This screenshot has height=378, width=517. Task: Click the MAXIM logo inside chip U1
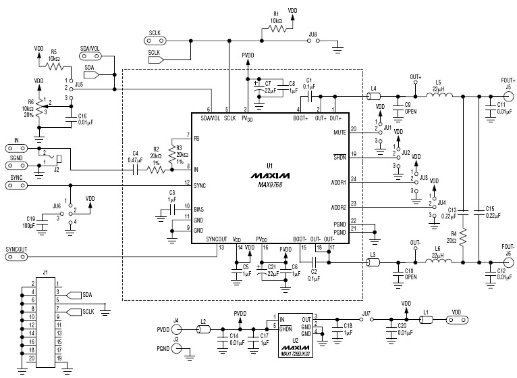coord(268,174)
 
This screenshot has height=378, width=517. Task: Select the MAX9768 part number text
coord(268,183)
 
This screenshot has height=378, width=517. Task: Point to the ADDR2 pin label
coord(337,207)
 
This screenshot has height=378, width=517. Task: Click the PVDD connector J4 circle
coord(176,329)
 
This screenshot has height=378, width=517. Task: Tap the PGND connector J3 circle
coord(176,348)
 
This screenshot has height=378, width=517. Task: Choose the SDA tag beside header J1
coord(87,295)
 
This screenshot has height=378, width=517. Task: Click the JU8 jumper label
coord(312,33)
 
